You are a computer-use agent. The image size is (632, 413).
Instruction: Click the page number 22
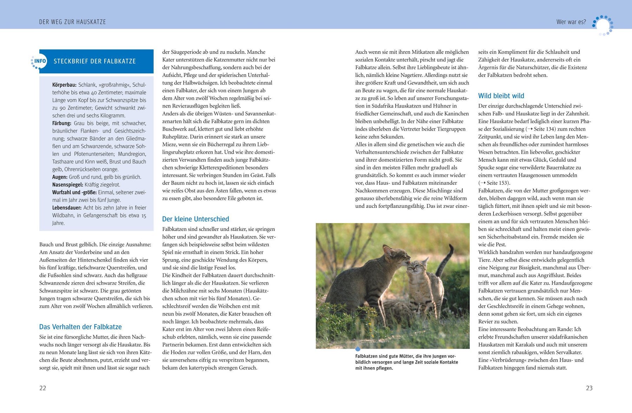pyautogui.click(x=42, y=388)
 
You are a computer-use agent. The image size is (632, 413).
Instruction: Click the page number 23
pyautogui.click(x=589, y=388)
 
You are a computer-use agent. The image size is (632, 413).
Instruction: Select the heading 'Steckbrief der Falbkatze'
pyautogui.click(x=94, y=61)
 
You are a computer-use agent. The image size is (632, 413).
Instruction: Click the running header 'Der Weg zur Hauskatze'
pyautogui.click(x=72, y=22)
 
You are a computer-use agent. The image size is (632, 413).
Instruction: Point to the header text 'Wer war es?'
pyautogui.click(x=571, y=22)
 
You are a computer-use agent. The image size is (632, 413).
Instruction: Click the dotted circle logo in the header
pyautogui.click(x=603, y=25)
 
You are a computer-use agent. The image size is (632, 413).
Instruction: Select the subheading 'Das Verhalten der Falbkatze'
pyautogui.click(x=80, y=327)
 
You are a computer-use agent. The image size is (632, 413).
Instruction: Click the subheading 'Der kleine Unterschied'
pyautogui.click(x=196, y=219)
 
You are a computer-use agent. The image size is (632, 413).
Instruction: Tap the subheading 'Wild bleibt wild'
pyautogui.click(x=501, y=96)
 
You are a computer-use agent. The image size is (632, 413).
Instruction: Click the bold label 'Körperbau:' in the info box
pyautogui.click(x=64, y=85)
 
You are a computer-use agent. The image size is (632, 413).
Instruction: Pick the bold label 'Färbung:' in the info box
pyautogui.click(x=62, y=123)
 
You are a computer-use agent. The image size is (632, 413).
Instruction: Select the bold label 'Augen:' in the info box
pyautogui.click(x=60, y=177)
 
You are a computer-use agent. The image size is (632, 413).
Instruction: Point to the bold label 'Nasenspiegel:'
pyautogui.click(x=68, y=185)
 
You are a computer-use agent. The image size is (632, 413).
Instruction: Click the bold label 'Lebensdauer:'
pyautogui.click(x=67, y=208)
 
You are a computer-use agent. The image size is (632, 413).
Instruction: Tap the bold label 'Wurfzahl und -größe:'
pyautogui.click(x=74, y=192)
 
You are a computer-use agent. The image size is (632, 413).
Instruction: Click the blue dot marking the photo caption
pyautogui.click(x=358, y=349)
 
